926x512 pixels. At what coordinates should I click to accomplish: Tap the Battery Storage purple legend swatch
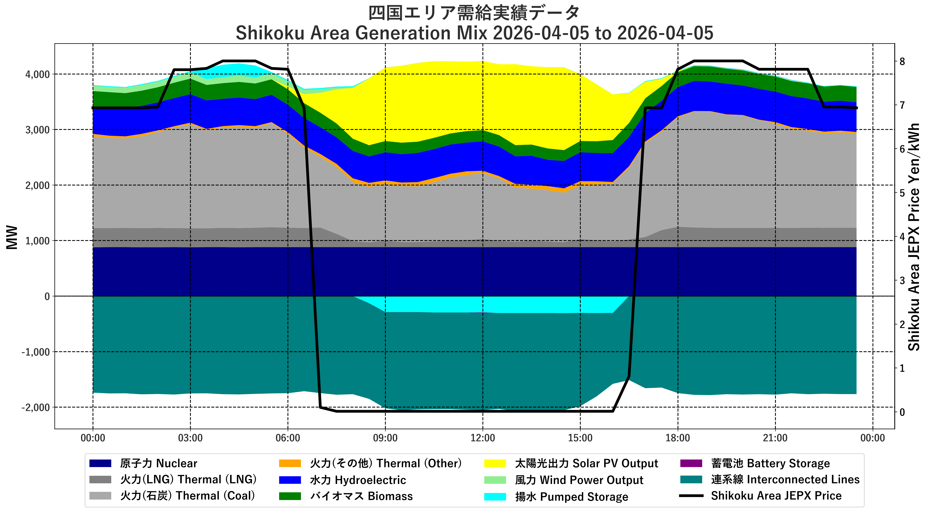point(691,463)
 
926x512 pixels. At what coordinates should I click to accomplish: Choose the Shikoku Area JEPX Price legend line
point(691,496)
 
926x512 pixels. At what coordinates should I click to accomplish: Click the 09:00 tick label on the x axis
point(385,438)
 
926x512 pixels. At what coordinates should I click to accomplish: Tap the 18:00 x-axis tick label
point(678,438)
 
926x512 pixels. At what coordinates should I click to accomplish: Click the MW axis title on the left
point(12,237)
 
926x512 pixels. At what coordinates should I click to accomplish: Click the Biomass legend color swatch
point(290,496)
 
